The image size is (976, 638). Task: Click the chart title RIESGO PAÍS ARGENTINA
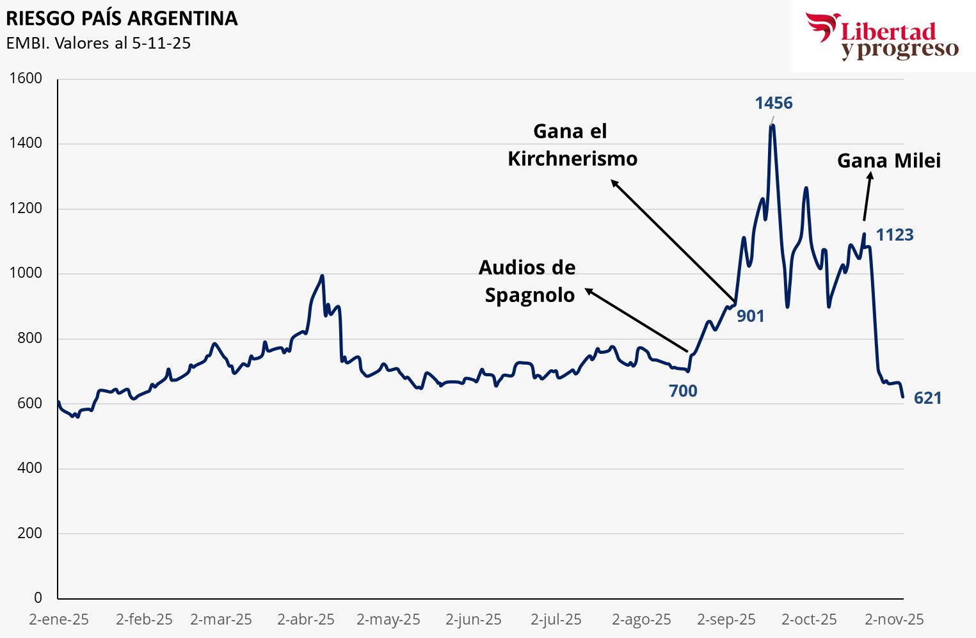tap(122, 18)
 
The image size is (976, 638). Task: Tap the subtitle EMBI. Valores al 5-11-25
tap(99, 44)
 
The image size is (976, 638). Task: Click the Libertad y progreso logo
tap(883, 36)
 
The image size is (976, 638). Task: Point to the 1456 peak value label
tap(773, 103)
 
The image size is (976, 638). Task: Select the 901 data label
tap(750, 316)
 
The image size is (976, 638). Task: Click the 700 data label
tap(683, 391)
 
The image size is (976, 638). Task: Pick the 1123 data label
tap(894, 235)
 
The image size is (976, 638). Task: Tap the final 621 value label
tap(927, 399)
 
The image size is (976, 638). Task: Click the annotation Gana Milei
tap(889, 161)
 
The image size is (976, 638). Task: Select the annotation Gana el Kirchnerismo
tap(572, 145)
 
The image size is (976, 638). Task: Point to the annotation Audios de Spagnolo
tap(528, 281)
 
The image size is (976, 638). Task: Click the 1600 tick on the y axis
tap(26, 79)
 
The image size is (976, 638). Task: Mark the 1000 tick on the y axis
tap(26, 273)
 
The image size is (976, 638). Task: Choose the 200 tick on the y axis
tap(29, 533)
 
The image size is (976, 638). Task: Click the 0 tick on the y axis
tap(38, 598)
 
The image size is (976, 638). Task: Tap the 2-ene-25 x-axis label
tap(59, 619)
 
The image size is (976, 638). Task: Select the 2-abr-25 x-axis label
tap(306, 619)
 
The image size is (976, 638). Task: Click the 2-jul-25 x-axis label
tap(556, 619)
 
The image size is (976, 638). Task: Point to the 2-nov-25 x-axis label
tap(894, 619)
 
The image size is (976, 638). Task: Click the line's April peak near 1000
tap(322, 276)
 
